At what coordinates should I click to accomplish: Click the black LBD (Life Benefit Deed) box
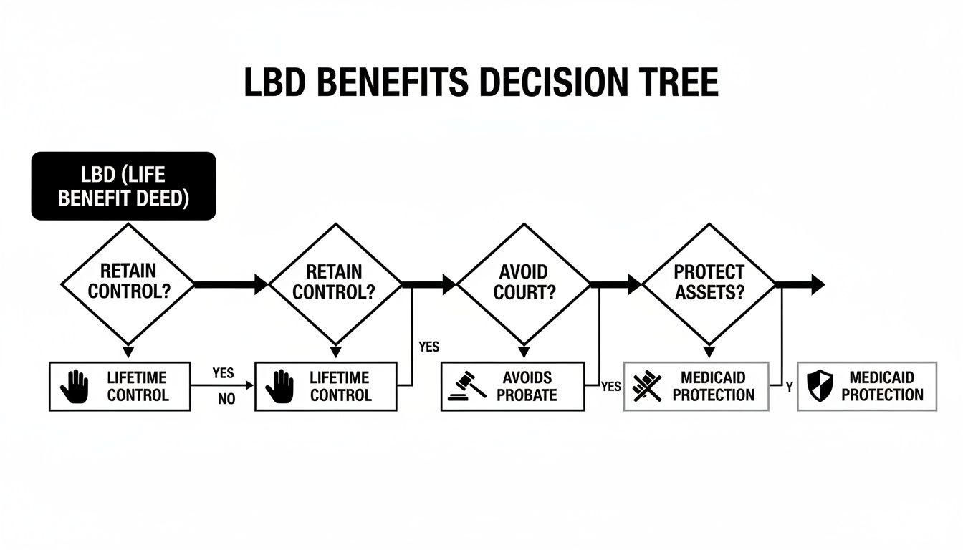pyautogui.click(x=123, y=185)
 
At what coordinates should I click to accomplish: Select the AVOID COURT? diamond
pyautogui.click(x=524, y=284)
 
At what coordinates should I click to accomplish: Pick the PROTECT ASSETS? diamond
pyautogui.click(x=709, y=284)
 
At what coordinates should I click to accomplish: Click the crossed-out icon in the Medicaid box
pyautogui.click(x=648, y=386)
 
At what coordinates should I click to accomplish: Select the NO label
pyautogui.click(x=226, y=400)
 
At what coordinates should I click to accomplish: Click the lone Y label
pyautogui.click(x=789, y=387)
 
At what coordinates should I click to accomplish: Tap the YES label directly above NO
pyautogui.click(x=224, y=373)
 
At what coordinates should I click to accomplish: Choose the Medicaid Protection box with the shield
pyautogui.click(x=867, y=385)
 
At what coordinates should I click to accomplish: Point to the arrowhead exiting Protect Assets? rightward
pyautogui.click(x=817, y=284)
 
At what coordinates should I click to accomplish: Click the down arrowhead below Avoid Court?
pyautogui.click(x=524, y=352)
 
